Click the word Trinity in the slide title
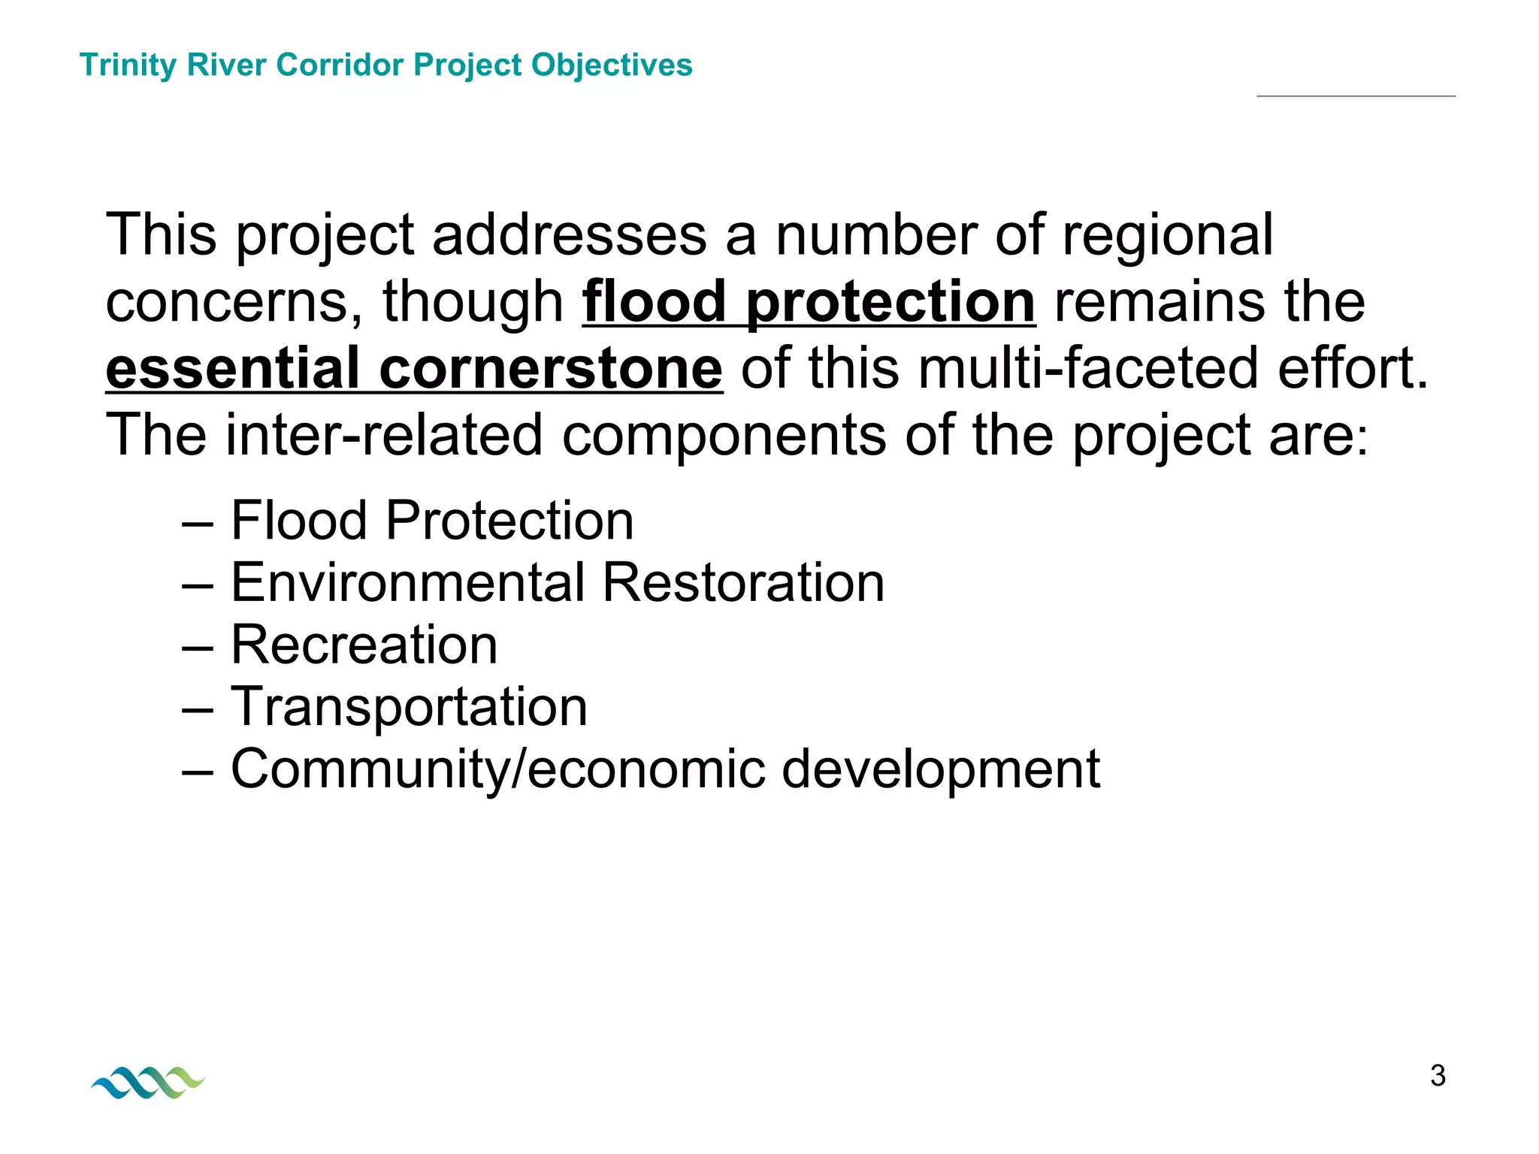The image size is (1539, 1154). [127, 65]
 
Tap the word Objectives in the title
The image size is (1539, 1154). [612, 65]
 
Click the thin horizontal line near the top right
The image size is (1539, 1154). [1356, 96]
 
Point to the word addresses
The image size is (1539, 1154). [569, 235]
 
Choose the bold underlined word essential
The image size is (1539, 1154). [233, 369]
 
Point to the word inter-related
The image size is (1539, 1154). [384, 435]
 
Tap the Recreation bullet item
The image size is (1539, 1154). [364, 645]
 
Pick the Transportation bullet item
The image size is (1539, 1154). [409, 707]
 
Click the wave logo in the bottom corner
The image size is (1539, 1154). [148, 1082]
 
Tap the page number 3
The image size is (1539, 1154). [1438, 1076]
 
